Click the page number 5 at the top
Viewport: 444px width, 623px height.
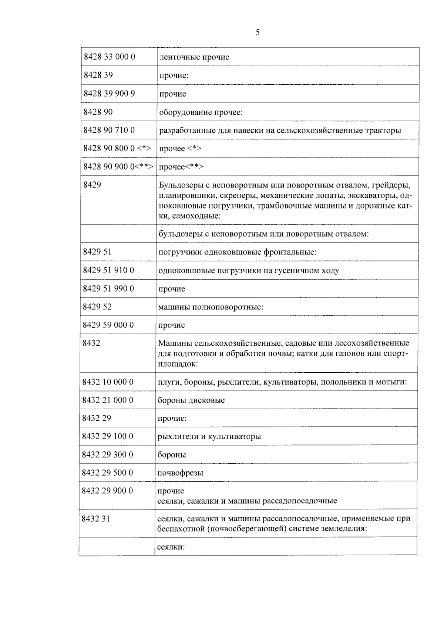(258, 33)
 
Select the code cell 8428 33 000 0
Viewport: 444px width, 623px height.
(110, 57)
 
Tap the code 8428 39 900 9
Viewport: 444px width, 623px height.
(109, 94)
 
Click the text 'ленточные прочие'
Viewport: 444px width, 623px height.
(194, 57)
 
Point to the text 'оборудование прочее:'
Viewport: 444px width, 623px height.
(201, 112)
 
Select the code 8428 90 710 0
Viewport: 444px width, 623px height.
(109, 130)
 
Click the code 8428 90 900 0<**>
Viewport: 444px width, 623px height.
(118, 167)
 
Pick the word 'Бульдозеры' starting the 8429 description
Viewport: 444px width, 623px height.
(178, 185)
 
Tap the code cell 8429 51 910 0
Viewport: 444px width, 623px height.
(108, 270)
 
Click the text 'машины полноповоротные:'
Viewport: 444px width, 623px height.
(211, 307)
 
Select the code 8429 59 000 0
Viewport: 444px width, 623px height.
(108, 325)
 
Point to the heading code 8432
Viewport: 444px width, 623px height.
(91, 343)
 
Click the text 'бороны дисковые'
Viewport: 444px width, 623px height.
(191, 400)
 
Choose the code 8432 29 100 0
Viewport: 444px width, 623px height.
(108, 436)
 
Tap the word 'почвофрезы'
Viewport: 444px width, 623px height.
(180, 473)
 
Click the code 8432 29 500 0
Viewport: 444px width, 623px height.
(108, 473)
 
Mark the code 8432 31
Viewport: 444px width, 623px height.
(96, 519)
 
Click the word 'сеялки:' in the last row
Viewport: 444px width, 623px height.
(171, 547)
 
